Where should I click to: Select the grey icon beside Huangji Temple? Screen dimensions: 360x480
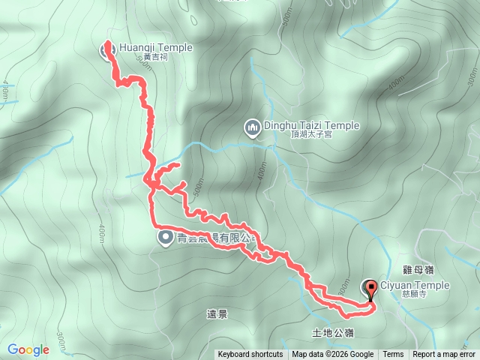pos(106,51)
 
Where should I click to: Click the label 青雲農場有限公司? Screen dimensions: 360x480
pos(214,238)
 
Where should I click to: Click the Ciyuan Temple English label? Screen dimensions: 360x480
pos(415,285)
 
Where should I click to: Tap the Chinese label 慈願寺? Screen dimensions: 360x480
pos(396,295)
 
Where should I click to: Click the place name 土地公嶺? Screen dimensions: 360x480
pos(332,332)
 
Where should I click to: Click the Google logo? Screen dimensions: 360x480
pos(28,349)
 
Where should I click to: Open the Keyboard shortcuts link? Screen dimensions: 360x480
pos(250,355)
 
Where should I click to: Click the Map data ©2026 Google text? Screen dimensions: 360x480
pos(332,355)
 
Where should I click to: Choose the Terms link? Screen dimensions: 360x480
pos(393,355)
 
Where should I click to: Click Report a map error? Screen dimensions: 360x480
pos(444,355)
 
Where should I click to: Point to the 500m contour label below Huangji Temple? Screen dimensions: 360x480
pos(144,64)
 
